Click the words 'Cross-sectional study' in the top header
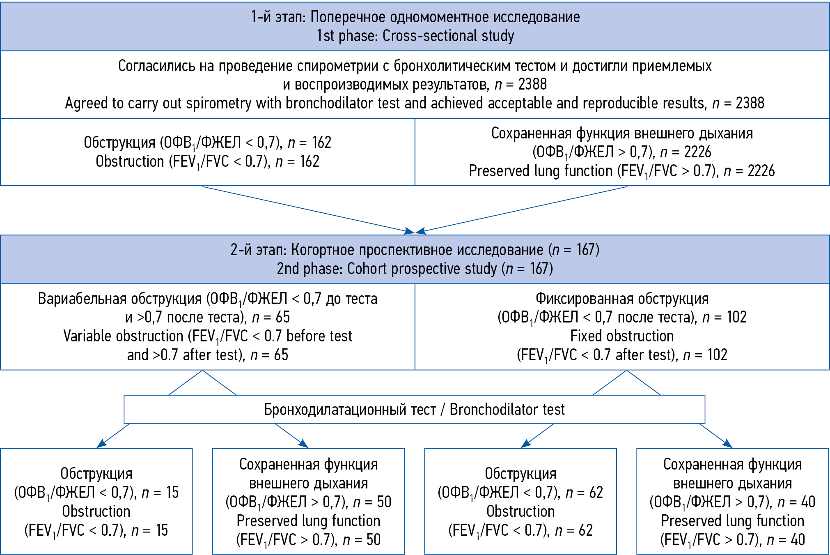[448, 36]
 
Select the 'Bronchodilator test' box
[414, 410]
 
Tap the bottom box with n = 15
[96, 502]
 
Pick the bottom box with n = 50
[308, 502]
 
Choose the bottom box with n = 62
[520, 502]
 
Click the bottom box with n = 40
[732, 502]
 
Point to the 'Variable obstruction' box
[208, 327]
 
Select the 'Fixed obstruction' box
[622, 327]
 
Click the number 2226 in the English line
[761, 171]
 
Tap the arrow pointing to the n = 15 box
[113, 436]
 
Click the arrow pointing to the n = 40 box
[716, 436]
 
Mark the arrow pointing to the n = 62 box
[537, 436]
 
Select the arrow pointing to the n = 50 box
[291, 436]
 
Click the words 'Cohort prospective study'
[422, 269]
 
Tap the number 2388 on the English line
[750, 103]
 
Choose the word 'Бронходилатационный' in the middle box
[350, 410]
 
